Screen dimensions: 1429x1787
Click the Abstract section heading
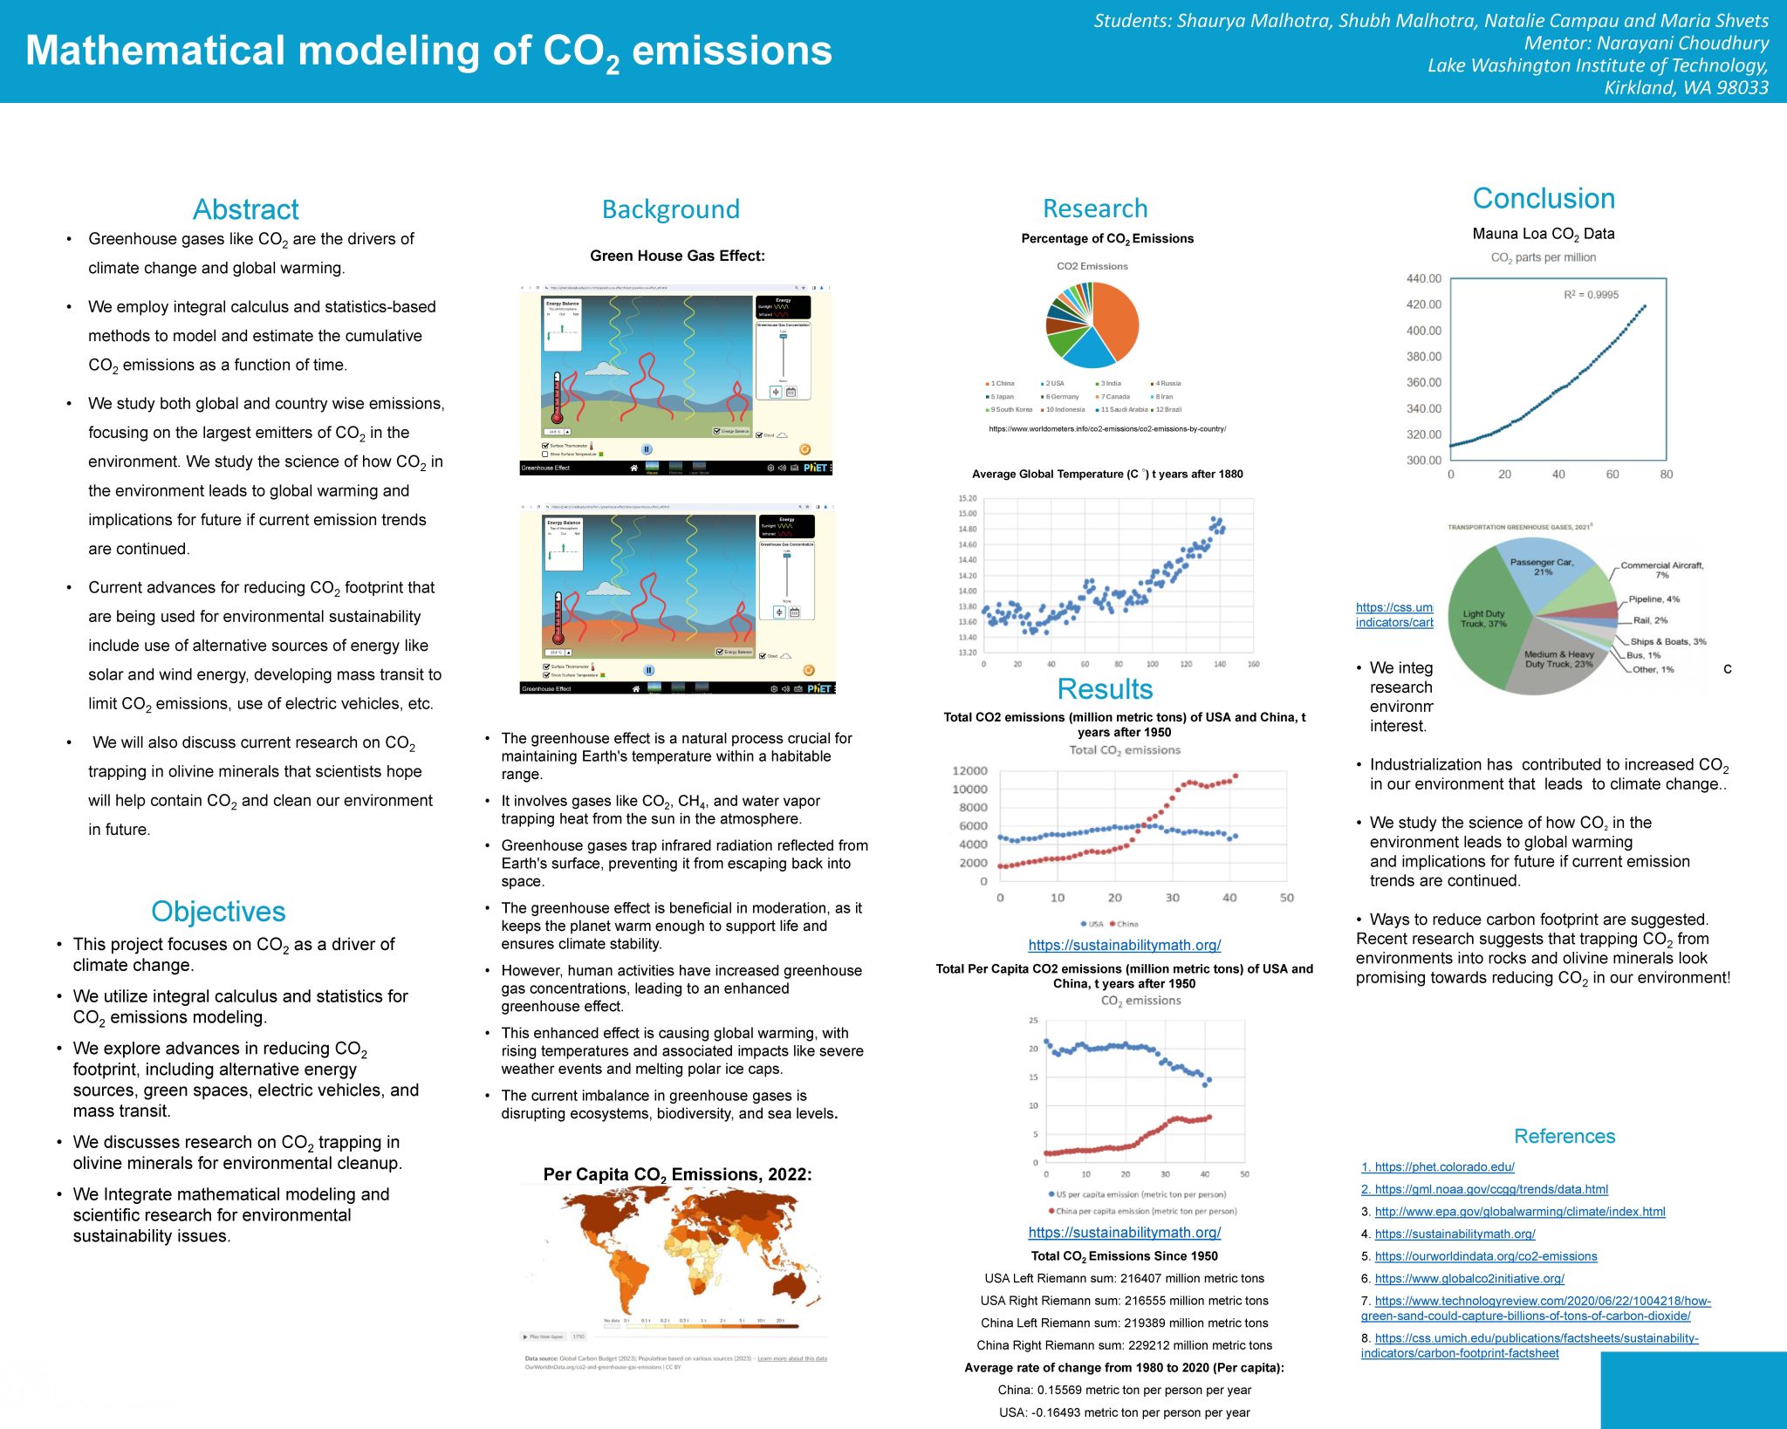[245, 209]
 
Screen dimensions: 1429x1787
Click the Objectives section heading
[218, 911]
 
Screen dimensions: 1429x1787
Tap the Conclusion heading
[1543, 198]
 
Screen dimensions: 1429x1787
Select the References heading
[1564, 1136]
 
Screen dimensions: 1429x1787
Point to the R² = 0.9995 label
[1590, 295]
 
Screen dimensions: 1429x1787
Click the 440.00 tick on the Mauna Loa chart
[1423, 278]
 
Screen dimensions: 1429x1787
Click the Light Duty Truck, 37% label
[1483, 619]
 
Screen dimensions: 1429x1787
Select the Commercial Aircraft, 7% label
[1661, 570]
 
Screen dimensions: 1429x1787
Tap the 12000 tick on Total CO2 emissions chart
[969, 770]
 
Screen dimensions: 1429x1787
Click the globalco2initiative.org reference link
[1469, 1278]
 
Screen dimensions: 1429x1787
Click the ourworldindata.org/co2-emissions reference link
[1485, 1256]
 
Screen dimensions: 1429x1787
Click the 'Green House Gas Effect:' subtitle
[677, 256]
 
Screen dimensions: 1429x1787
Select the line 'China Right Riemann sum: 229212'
[1124, 1345]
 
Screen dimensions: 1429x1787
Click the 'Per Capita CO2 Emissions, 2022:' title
[677, 1174]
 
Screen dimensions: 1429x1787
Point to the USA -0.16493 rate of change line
[1124, 1412]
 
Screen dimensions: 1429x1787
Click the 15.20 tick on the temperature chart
[967, 498]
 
